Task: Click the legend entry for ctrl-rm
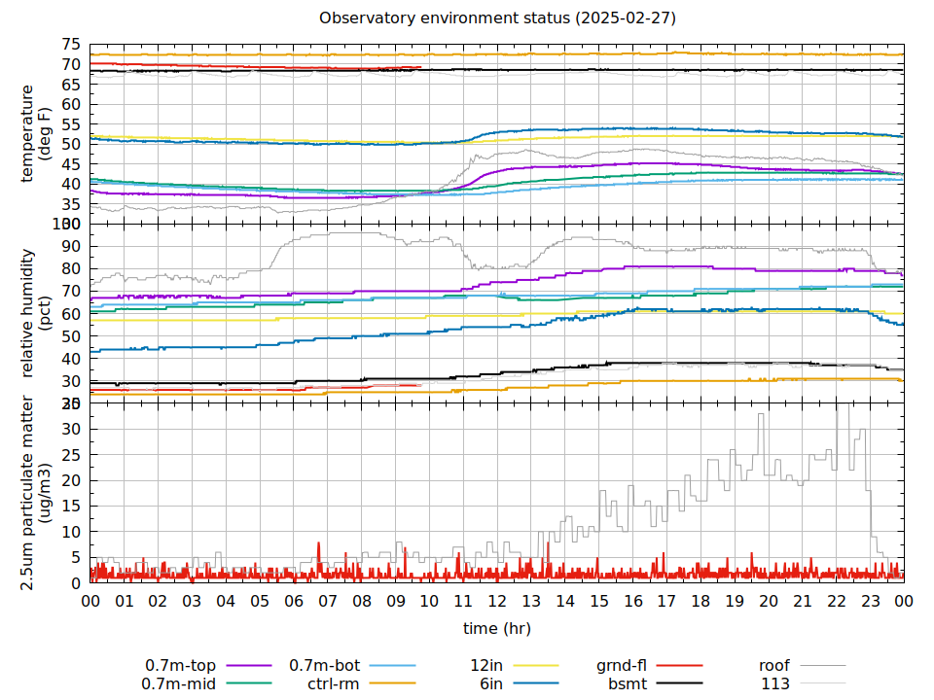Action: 334,683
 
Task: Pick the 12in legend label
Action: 485,665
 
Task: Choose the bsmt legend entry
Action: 628,683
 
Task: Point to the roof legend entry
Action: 773,665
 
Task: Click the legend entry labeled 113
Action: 775,683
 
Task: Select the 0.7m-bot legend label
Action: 325,665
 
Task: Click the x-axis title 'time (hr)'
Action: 496,628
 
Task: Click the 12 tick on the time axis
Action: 497,602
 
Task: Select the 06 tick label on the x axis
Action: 294,602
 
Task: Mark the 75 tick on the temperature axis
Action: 70,45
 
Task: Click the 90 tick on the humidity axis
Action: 70,246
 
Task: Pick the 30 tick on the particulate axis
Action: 70,429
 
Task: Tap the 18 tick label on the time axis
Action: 700,602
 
